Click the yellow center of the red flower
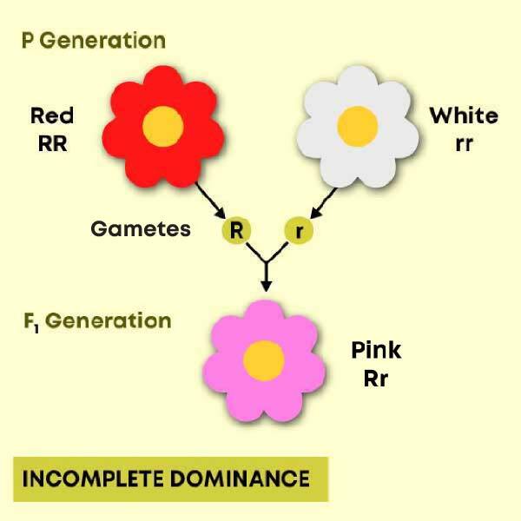163,126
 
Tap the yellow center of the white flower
358,126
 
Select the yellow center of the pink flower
264,360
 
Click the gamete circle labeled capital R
236,230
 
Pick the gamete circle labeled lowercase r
299,230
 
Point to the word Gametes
141,229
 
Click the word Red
52,115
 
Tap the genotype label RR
52,143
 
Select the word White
464,115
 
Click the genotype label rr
465,144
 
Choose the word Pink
376,350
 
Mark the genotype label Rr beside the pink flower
376,379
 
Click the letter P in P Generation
28,41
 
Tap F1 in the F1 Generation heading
31,322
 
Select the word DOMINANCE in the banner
240,478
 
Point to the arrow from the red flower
210,200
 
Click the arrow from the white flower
323,203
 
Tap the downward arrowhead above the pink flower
266,286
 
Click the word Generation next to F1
108,320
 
